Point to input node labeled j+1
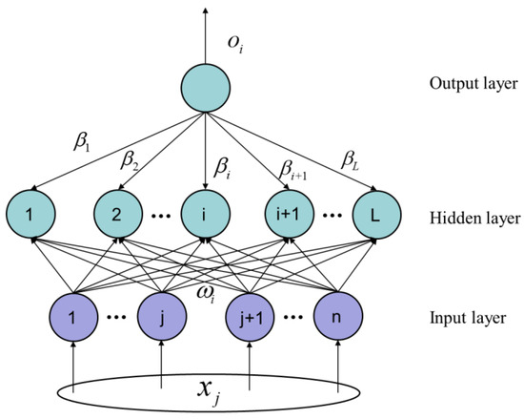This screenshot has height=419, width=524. click(251, 316)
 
